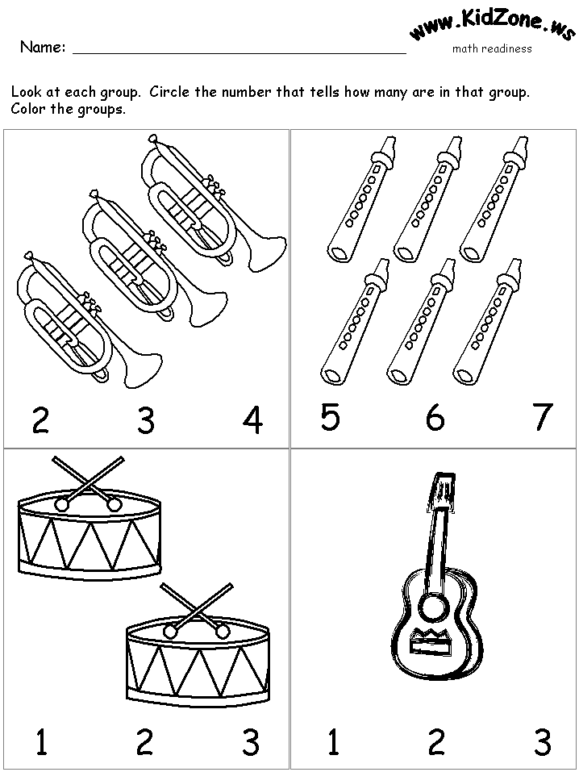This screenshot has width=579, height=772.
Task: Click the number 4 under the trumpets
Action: [252, 421]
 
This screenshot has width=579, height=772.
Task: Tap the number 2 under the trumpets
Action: [40, 421]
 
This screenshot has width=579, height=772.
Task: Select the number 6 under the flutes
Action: [435, 417]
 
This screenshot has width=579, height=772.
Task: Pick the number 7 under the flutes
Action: [543, 417]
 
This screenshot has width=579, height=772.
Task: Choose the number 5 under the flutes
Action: [330, 417]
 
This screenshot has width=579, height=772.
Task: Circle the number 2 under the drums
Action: [144, 742]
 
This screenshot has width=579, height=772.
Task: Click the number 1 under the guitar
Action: [333, 742]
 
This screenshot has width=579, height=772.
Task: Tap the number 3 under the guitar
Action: [543, 742]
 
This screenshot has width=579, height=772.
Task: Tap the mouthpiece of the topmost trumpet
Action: [152, 139]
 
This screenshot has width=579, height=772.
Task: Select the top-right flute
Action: [494, 199]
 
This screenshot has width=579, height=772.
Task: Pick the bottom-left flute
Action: [355, 322]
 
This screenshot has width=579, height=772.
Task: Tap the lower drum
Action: [198, 655]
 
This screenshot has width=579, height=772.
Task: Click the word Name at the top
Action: [42, 48]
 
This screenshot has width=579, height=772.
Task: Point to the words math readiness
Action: [492, 48]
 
